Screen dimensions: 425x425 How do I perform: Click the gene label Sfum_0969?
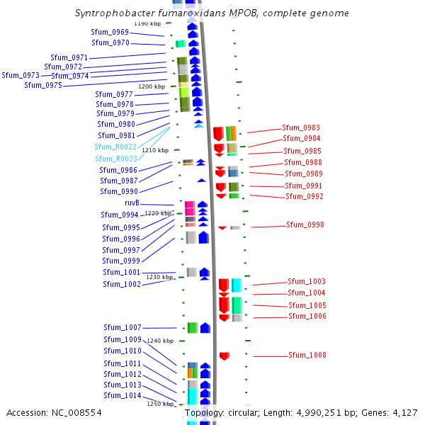click(x=110, y=32)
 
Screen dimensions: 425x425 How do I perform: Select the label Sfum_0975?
click(x=43, y=85)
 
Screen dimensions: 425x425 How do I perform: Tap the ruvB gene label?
click(x=132, y=203)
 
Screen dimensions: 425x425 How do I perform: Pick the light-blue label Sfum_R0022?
click(x=115, y=147)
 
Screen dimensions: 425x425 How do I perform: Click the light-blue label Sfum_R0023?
click(x=116, y=159)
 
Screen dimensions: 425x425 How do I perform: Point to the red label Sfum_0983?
click(x=301, y=127)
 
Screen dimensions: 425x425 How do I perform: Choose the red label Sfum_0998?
click(x=305, y=225)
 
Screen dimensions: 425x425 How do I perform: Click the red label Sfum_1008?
click(x=307, y=355)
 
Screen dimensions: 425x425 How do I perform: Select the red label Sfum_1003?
click(x=307, y=281)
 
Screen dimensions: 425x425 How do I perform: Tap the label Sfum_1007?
click(x=123, y=327)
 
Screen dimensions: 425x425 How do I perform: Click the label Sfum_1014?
click(x=123, y=395)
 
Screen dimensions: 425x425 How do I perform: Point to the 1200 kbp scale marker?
click(x=152, y=86)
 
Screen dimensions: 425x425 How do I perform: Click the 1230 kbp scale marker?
click(x=159, y=277)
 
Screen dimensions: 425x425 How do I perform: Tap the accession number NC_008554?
click(x=55, y=412)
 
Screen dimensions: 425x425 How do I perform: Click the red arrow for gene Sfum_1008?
click(x=225, y=356)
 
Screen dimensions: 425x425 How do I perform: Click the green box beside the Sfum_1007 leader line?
click(x=193, y=328)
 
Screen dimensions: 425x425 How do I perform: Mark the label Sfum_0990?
click(x=119, y=191)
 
